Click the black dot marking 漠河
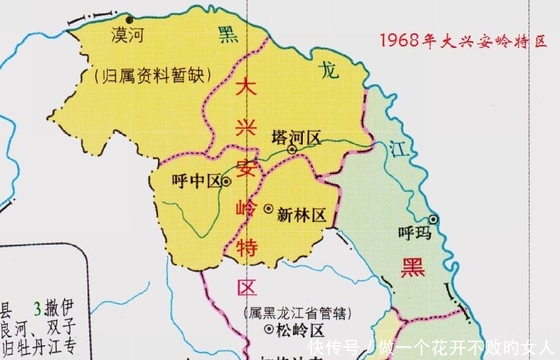tap(130, 19)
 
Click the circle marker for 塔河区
tap(292, 149)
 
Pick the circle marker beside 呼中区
tap(226, 181)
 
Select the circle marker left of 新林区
tap(268, 209)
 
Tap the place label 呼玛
tap(411, 231)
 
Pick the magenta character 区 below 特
tap(247, 288)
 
